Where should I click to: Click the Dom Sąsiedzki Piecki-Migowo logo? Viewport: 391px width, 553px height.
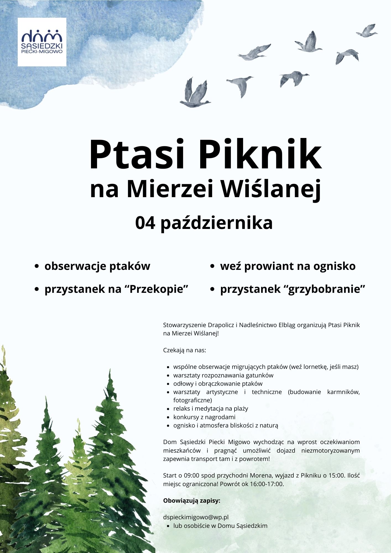tap(42, 42)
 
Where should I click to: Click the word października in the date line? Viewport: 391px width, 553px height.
tap(217, 223)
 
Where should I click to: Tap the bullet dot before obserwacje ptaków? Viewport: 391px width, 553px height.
tap(37, 267)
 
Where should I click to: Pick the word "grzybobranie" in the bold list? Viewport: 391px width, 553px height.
tap(327, 289)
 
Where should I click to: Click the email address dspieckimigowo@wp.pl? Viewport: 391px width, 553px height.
tap(196, 517)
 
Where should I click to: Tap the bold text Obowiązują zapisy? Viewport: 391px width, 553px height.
tap(192, 501)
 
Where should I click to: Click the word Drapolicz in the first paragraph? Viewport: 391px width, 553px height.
tap(221, 325)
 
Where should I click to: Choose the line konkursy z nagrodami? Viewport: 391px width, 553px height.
tap(204, 417)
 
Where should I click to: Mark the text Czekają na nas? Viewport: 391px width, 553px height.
tap(184, 350)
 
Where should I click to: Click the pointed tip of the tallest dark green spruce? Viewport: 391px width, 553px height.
tap(110, 371)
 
